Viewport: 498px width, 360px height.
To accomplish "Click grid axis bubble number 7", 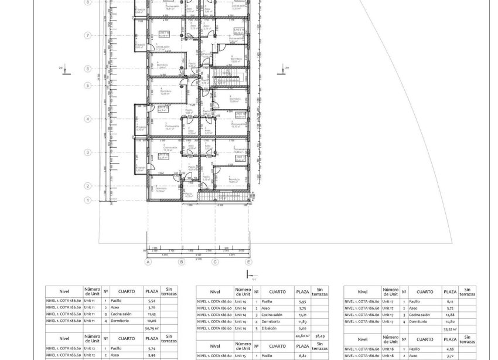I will point(88,35).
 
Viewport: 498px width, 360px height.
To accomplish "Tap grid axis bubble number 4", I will point(88,119).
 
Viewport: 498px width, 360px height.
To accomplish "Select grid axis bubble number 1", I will point(88,200).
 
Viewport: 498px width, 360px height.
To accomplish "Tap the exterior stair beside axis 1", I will point(223,198).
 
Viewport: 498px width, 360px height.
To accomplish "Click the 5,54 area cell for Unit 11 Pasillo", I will point(152,300).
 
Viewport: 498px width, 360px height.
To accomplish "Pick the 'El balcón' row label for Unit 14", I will point(270,328).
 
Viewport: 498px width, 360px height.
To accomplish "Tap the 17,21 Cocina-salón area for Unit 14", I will point(302,314).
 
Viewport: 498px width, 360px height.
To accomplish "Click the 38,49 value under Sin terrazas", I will point(319,335).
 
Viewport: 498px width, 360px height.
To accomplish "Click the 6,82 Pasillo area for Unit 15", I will point(302,355).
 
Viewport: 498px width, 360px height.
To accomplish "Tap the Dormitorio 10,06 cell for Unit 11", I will point(152,321).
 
